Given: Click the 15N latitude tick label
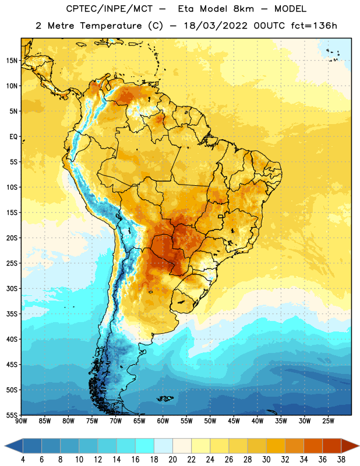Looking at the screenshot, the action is (12, 61).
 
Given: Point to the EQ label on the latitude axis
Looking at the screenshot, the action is (13, 137).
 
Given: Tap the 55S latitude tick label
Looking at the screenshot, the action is (12, 415).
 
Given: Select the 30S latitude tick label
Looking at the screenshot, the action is (12, 288).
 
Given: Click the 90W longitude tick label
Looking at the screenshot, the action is (21, 421).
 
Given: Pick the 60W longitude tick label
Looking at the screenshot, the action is (163, 421).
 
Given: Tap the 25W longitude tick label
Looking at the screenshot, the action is (328, 421).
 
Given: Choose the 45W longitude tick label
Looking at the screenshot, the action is (234, 421).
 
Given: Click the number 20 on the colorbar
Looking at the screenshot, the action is (172, 460).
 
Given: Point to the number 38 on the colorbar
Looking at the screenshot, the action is (341, 460).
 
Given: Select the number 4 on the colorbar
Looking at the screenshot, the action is (23, 460).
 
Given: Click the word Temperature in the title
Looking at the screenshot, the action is (111, 26).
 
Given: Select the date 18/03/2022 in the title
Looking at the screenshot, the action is (215, 26).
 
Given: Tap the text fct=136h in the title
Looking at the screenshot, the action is (314, 26).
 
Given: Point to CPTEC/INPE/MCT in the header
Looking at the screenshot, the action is (109, 9).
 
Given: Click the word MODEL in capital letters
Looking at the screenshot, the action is (290, 9).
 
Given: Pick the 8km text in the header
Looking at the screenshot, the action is (243, 9).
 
